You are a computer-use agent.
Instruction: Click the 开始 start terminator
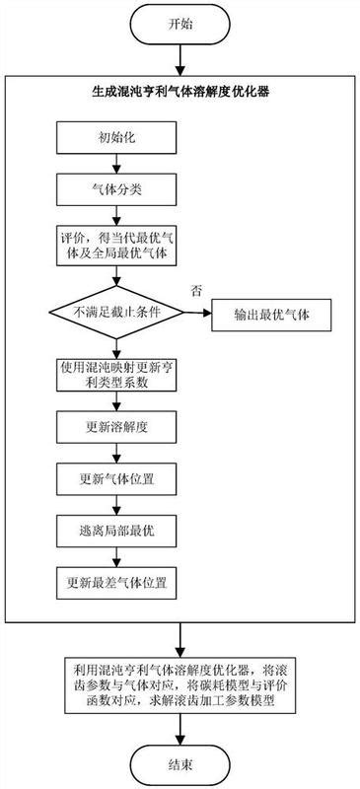point(180,24)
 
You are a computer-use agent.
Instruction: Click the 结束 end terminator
point(180,761)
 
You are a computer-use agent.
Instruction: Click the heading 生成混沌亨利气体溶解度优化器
point(180,91)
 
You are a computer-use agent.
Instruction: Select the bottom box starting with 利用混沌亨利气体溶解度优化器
point(180,680)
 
